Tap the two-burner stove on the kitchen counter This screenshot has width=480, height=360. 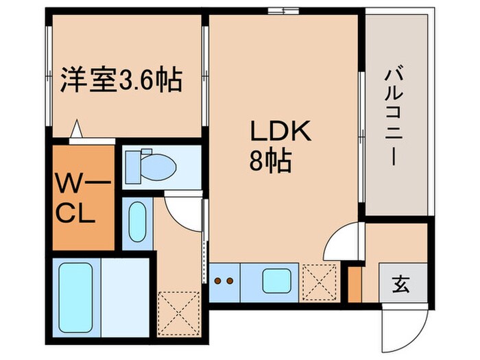[x=224, y=281]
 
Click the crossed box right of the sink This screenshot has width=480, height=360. [x=318, y=283]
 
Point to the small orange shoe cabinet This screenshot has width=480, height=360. [x=355, y=284]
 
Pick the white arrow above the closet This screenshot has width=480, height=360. [x=77, y=129]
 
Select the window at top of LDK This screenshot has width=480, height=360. [x=278, y=10]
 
